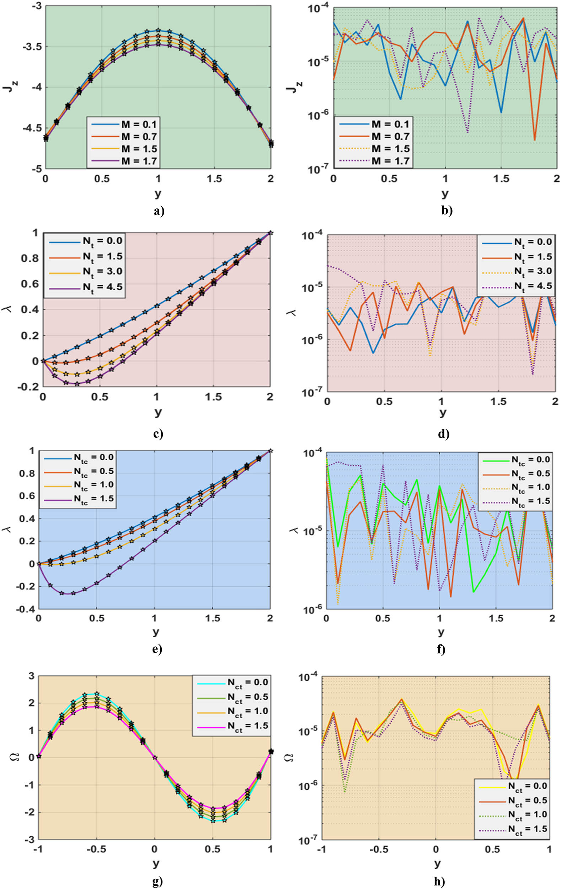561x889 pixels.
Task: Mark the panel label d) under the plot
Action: [x=444, y=434]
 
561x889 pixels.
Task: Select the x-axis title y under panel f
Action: [x=441, y=632]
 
